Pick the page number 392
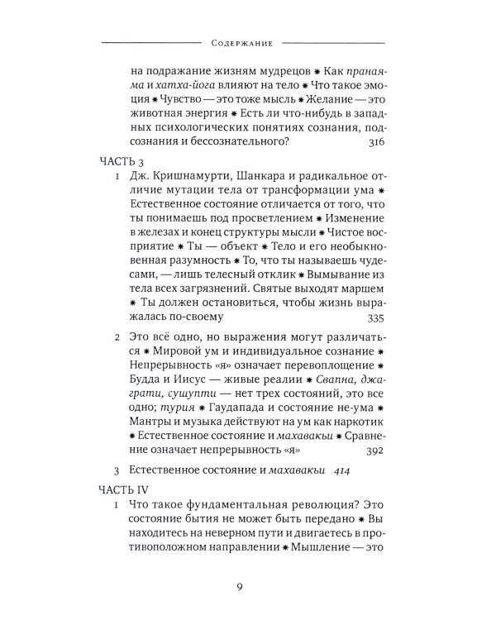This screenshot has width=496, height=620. pyautogui.click(x=374, y=449)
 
